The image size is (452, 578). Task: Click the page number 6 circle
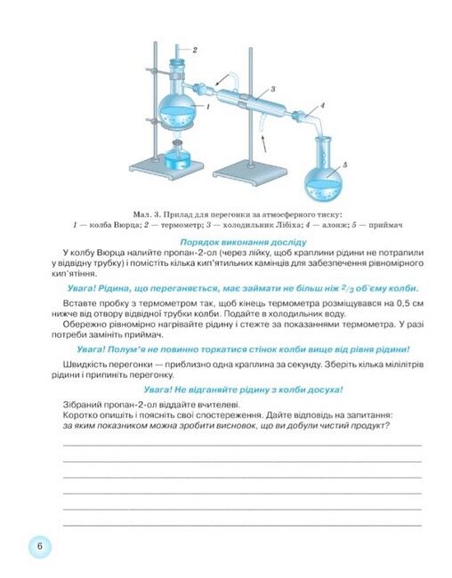[40, 546]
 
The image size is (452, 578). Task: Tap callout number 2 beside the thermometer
[195, 50]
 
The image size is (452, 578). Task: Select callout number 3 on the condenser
[272, 89]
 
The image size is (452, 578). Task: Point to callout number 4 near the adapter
[322, 106]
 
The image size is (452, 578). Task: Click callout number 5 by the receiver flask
[344, 165]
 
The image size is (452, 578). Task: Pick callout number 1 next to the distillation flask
[207, 107]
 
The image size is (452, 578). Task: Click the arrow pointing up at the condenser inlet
[263, 144]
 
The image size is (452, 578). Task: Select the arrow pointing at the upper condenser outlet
[222, 80]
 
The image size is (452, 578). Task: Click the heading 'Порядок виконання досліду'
[243, 242]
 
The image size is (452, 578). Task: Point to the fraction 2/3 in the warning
[347, 288]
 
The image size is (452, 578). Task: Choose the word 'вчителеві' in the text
[221, 405]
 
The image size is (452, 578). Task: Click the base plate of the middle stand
[250, 173]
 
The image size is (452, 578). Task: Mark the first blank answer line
[242, 446]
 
